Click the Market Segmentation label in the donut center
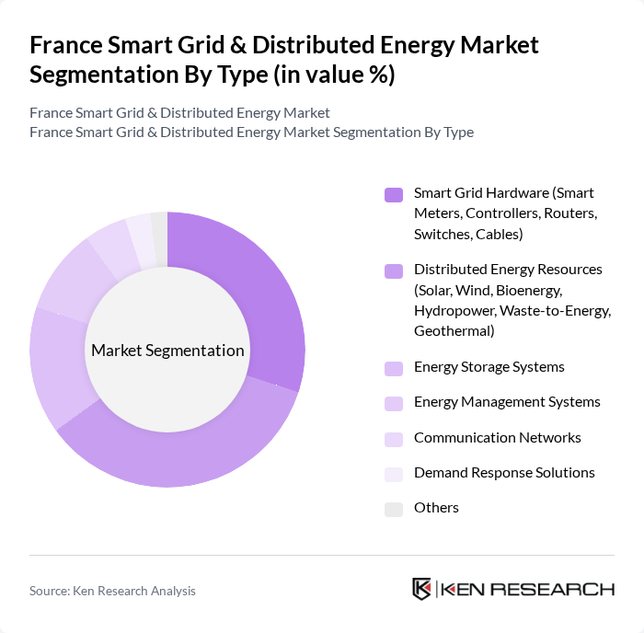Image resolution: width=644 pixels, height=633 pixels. click(167, 351)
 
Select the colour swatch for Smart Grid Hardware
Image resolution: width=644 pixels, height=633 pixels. click(394, 194)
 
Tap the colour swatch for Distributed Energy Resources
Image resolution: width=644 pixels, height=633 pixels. click(394, 270)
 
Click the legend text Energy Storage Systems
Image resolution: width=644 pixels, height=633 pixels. click(489, 367)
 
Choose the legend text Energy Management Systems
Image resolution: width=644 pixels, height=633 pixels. click(507, 402)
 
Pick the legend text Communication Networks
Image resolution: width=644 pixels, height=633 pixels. click(497, 438)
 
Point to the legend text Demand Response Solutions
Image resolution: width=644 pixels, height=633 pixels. click(504, 473)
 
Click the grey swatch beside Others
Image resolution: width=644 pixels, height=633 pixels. click(394, 509)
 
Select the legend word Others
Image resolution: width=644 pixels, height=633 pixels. click(436, 508)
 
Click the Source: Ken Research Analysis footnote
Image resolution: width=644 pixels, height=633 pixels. click(112, 591)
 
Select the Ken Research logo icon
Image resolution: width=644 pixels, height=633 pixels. click(421, 589)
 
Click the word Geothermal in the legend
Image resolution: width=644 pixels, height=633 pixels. click(454, 330)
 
